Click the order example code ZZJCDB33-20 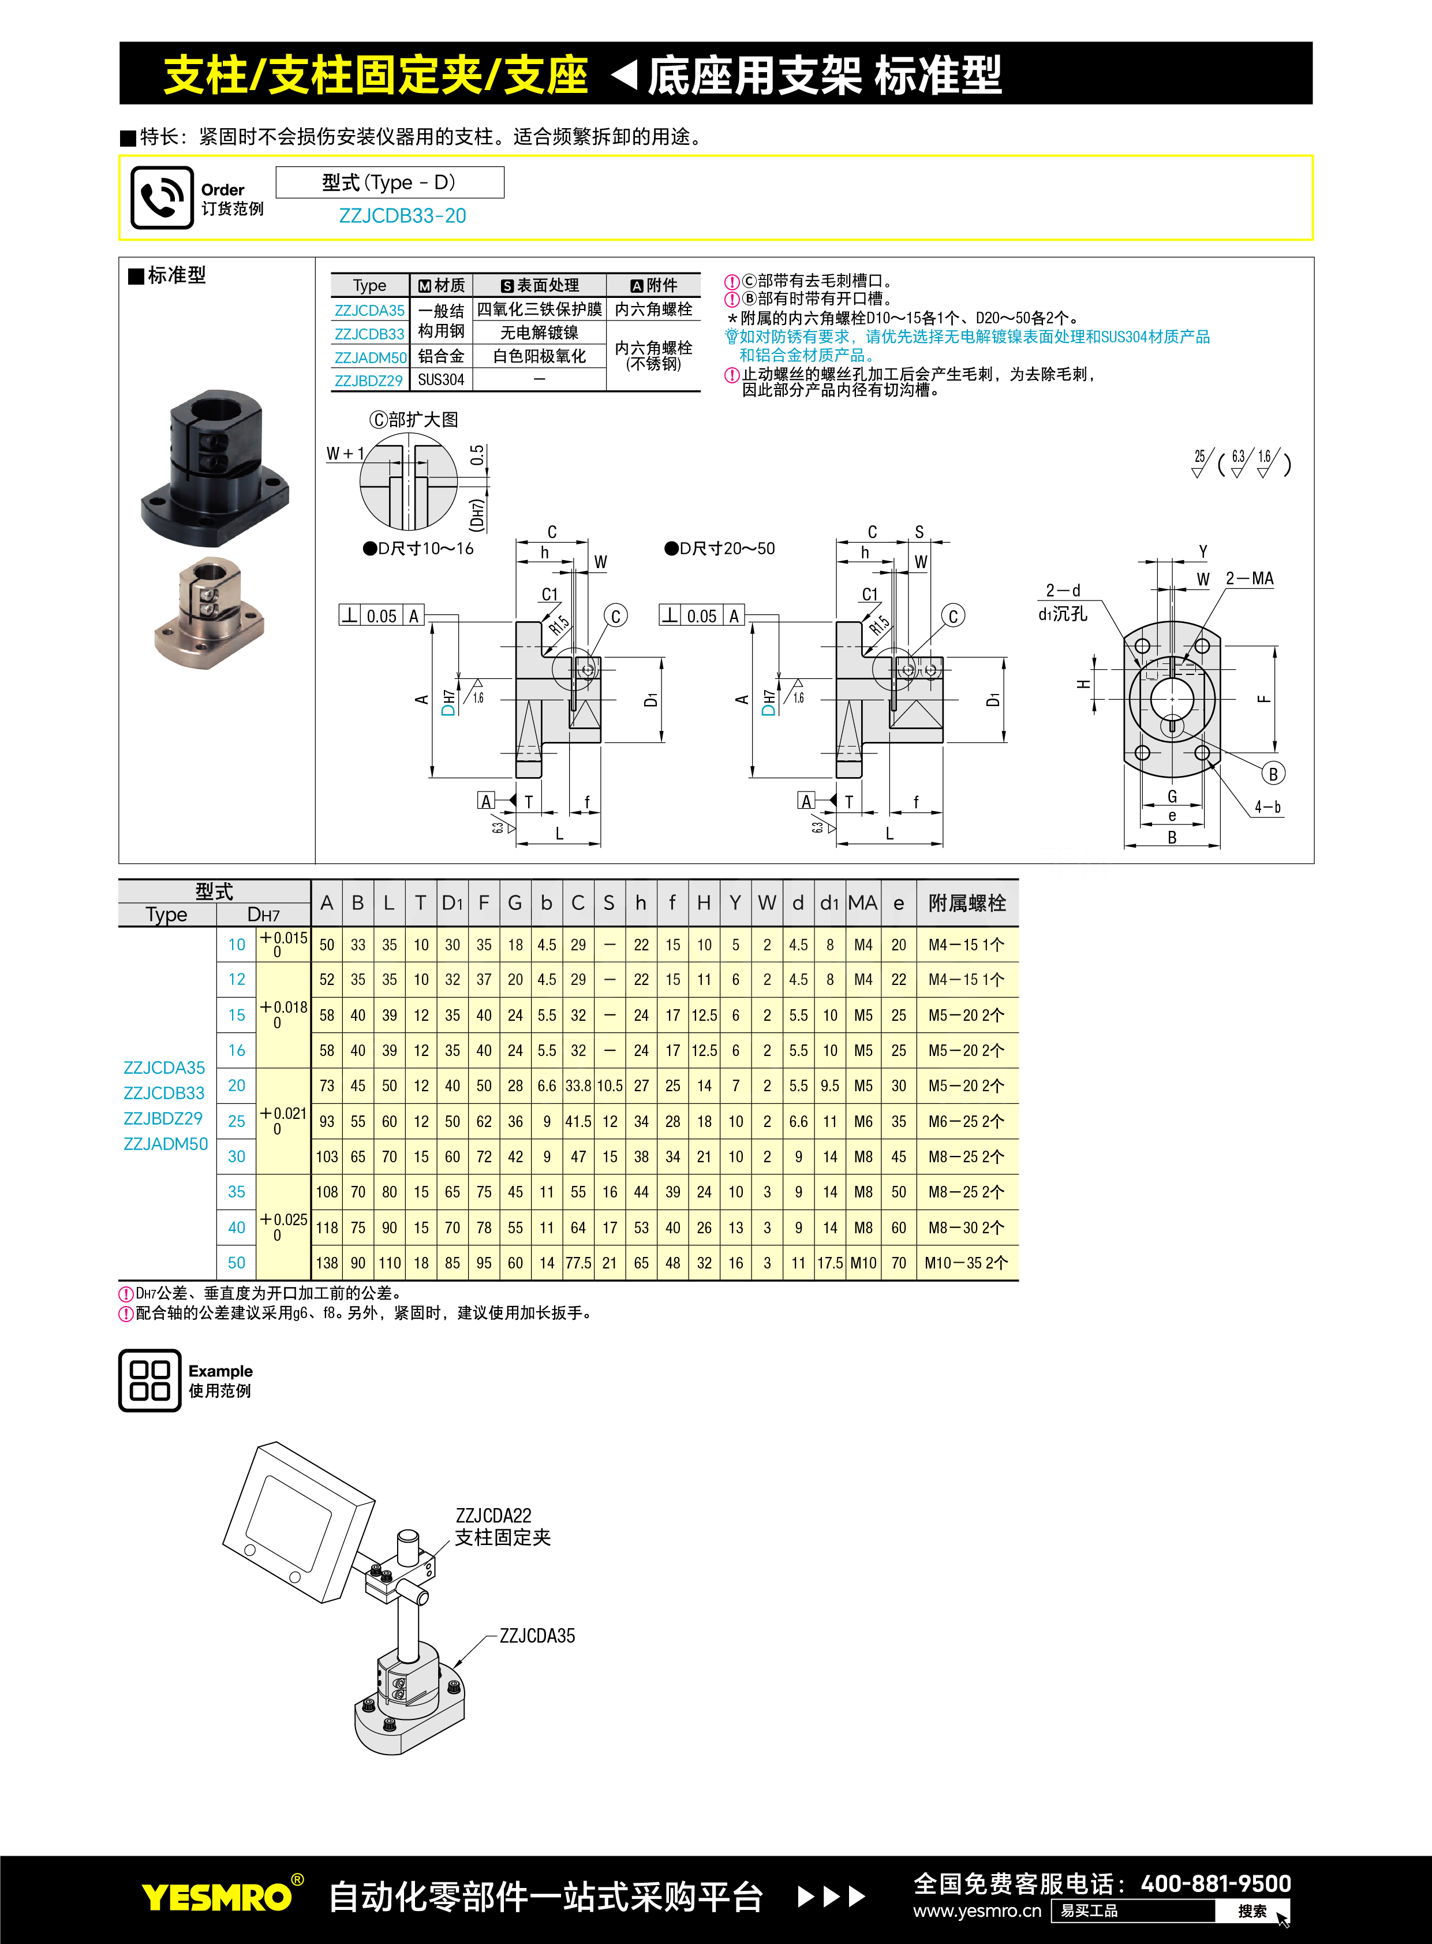click(x=402, y=216)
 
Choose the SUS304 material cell click(x=441, y=380)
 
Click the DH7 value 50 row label click(x=237, y=1263)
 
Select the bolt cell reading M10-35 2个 click(x=966, y=1263)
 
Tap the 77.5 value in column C click(x=578, y=1263)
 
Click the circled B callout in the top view click(x=1273, y=774)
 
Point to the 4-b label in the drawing click(x=1268, y=807)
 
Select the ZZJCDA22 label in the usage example click(x=493, y=1516)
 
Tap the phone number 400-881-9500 click(x=1216, y=1883)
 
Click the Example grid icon click(x=149, y=1380)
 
